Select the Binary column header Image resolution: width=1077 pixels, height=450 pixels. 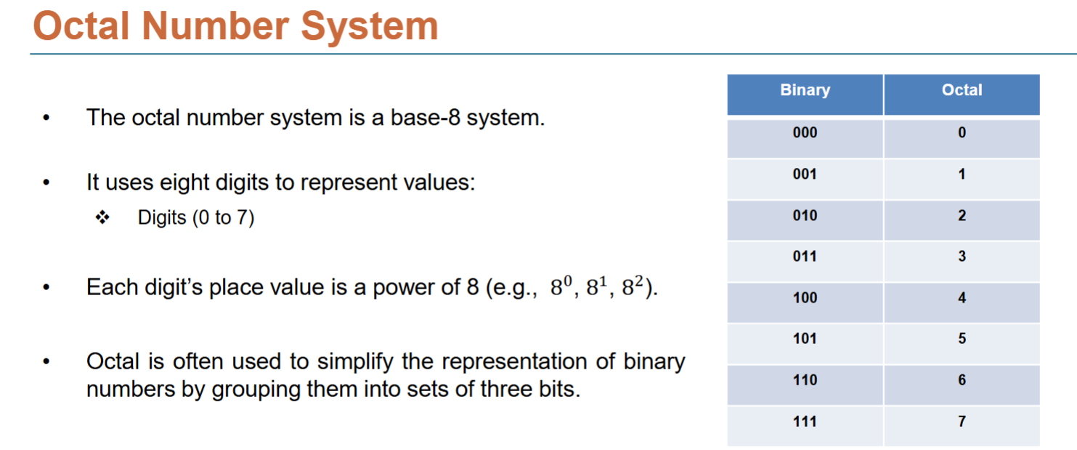click(x=805, y=91)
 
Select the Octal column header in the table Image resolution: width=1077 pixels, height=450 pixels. click(x=962, y=91)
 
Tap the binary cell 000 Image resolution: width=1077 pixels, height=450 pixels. click(x=805, y=133)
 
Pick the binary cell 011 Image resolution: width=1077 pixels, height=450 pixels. click(x=805, y=257)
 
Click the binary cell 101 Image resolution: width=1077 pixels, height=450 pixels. click(x=805, y=339)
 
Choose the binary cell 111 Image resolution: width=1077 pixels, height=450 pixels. click(x=805, y=422)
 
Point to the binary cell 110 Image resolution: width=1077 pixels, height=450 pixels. click(x=805, y=380)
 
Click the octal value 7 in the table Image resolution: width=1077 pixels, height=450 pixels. click(x=962, y=422)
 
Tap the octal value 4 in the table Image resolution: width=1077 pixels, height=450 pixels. click(x=962, y=298)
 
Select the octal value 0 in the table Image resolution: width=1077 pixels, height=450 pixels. click(x=962, y=133)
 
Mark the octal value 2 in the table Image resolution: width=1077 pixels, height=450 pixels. click(x=962, y=216)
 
